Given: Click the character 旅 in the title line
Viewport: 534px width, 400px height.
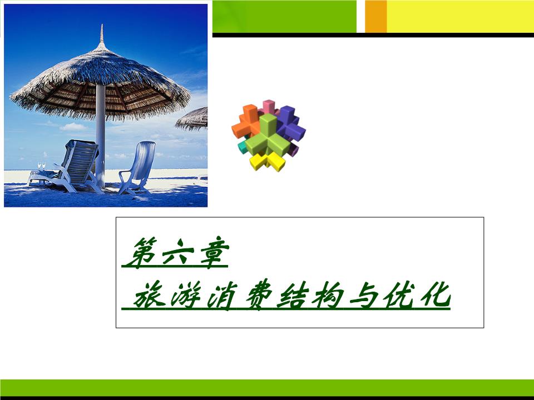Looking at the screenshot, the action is [150, 295].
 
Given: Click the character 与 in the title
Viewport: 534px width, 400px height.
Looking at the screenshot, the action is [364, 295].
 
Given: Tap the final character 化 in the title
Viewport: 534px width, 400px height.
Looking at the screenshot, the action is [435, 295].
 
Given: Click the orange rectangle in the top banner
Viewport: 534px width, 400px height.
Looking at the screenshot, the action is [376, 16].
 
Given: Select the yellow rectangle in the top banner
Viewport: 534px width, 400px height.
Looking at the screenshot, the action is [461, 16].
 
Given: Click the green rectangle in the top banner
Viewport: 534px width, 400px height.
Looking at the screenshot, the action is [284, 16].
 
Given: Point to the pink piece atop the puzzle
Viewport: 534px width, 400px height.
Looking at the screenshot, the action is [269, 107].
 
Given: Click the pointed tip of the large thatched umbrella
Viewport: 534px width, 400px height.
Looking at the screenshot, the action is [101, 25].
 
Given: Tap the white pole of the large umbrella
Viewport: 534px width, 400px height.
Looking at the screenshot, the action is [100, 136].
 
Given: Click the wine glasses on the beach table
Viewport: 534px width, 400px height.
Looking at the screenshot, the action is [42, 166].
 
